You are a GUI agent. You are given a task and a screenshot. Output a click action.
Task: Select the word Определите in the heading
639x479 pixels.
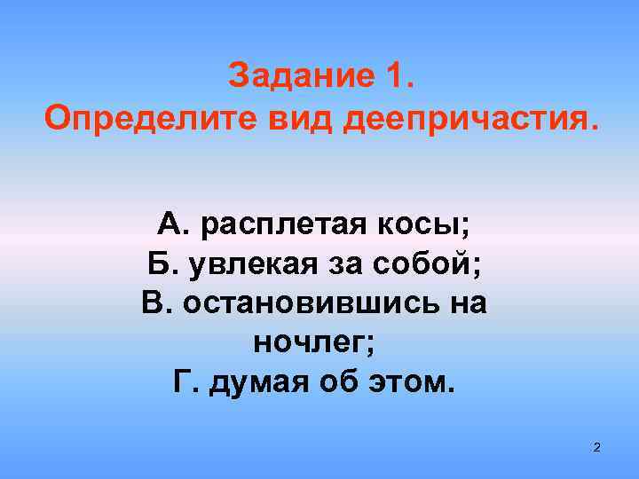133,117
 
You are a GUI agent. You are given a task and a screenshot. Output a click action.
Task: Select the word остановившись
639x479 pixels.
304,302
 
